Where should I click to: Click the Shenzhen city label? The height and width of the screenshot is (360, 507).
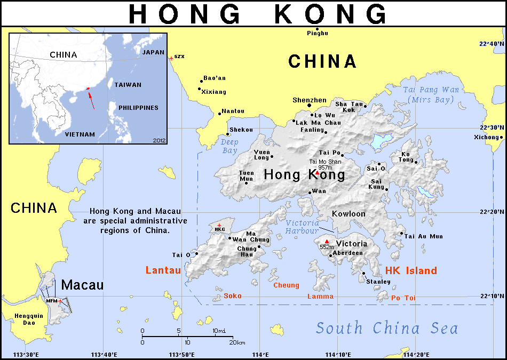point(310,100)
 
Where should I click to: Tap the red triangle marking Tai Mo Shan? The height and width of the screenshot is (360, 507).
point(318,173)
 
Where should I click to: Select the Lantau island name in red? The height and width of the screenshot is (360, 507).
point(163,270)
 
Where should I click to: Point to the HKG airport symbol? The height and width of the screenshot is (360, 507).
point(219,225)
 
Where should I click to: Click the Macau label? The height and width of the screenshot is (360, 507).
point(82,285)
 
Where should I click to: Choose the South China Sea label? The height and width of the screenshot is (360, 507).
point(386,327)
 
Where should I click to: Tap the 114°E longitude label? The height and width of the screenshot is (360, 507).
point(260,355)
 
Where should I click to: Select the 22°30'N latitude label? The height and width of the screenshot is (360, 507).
point(491,127)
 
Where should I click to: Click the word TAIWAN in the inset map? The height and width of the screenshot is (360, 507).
point(128,85)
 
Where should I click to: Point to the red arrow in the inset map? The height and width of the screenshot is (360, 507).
point(92,100)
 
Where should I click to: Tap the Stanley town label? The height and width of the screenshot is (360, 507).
point(378,281)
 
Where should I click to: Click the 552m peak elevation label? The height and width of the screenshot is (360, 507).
point(327,247)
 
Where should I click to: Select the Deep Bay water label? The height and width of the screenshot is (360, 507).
point(229,146)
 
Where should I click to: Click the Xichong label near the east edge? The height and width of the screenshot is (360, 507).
point(486,137)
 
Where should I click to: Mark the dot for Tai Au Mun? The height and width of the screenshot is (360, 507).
point(401,233)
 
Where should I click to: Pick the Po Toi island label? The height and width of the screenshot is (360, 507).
point(403,298)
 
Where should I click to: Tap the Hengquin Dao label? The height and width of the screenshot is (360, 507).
point(25,319)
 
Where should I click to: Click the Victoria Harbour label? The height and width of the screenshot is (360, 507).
point(302,227)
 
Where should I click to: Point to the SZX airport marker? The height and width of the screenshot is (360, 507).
point(171,57)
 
